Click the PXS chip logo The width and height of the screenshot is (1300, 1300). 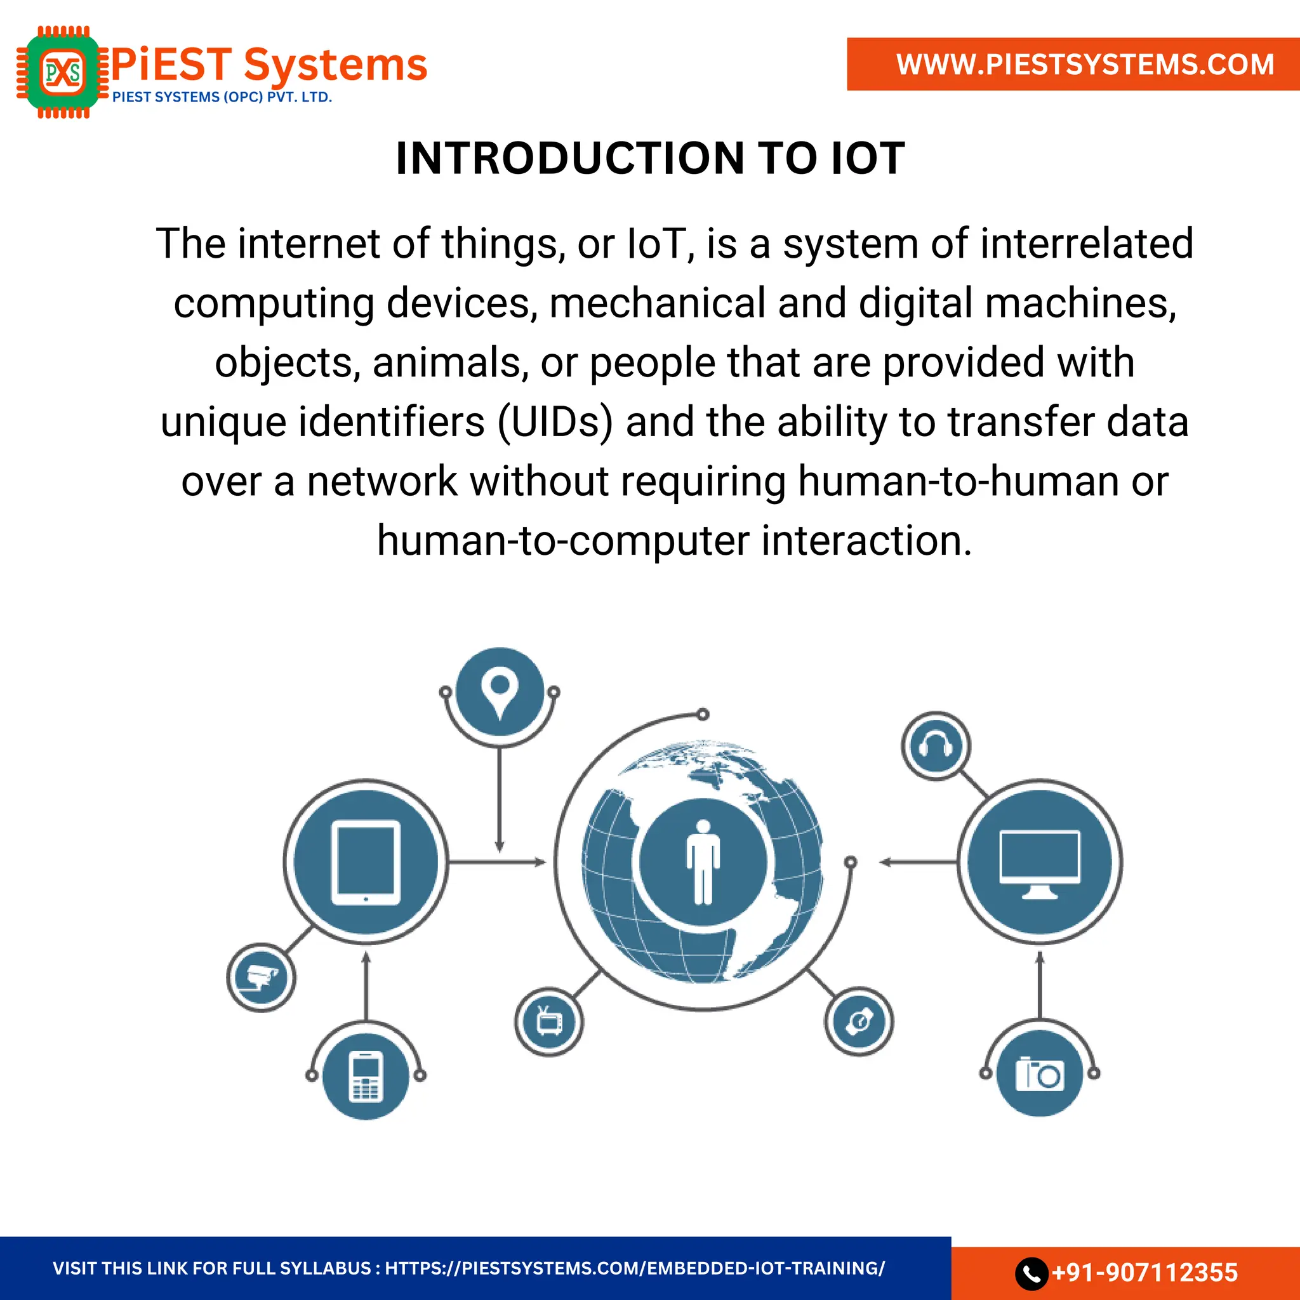pyautogui.click(x=63, y=72)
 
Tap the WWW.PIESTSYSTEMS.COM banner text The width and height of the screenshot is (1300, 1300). pyautogui.click(x=1085, y=65)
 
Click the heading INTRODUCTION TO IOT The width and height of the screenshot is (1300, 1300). pyautogui.click(x=650, y=159)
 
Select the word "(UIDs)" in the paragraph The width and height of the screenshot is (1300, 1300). pyautogui.click(x=555, y=423)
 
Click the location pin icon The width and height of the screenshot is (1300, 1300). pyautogui.click(x=500, y=692)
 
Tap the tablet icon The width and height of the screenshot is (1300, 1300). pyautogui.click(x=366, y=862)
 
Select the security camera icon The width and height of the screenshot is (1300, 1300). pyautogui.click(x=261, y=978)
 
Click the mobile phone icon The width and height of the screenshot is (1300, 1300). pyautogui.click(x=366, y=1076)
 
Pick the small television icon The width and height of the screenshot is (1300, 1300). pyautogui.click(x=549, y=1022)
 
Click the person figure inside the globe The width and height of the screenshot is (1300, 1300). pyautogui.click(x=703, y=862)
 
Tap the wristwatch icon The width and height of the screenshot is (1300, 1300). pyautogui.click(x=859, y=1021)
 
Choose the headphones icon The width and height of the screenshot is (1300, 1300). pyautogui.click(x=935, y=746)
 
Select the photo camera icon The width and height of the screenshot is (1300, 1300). pyautogui.click(x=1040, y=1075)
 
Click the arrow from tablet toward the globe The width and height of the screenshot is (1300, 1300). pyautogui.click(x=498, y=862)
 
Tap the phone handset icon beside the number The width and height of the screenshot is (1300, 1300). pyautogui.click(x=1031, y=1273)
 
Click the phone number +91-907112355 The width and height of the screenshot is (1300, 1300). pyautogui.click(x=1144, y=1273)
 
